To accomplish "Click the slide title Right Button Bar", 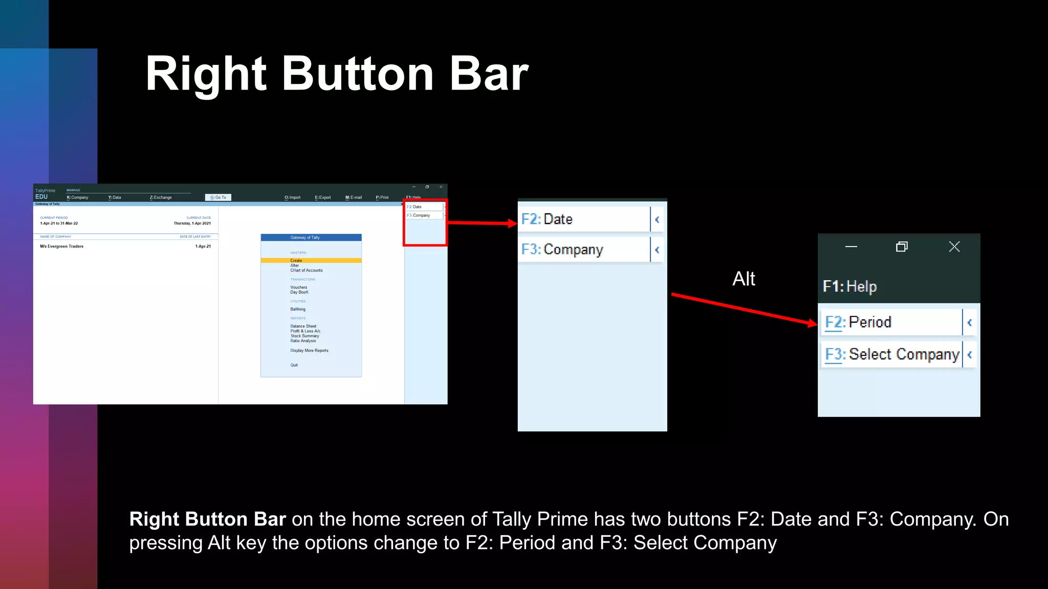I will point(336,74).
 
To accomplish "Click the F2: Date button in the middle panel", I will point(583,219).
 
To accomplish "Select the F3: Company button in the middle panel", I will point(583,250).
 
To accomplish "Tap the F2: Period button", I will point(891,322).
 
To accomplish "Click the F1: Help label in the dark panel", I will point(849,286).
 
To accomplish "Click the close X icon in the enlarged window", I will point(954,247).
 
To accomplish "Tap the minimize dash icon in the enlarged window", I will point(851,247).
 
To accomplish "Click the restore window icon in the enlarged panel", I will point(902,247).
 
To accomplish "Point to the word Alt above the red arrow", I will point(744,279).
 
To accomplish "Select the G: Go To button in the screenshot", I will point(218,197).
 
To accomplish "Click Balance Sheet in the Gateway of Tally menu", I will point(303,326).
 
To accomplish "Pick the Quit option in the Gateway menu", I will point(294,365).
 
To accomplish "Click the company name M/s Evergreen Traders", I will point(62,246).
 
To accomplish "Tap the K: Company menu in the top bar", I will point(77,197).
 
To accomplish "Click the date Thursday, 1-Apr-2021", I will point(192,223).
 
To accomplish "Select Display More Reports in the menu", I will point(310,351).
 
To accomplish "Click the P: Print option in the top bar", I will point(382,197).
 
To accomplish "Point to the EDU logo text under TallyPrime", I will point(41,197).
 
